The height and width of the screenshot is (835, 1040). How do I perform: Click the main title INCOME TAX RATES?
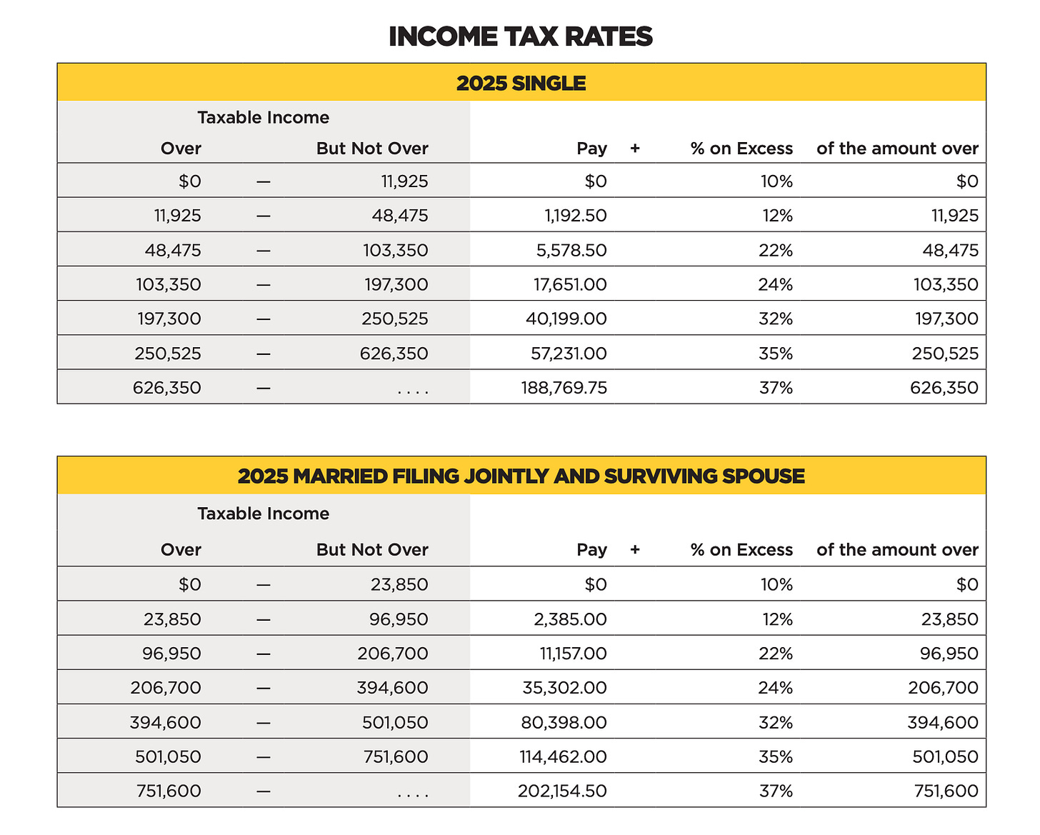[520, 36]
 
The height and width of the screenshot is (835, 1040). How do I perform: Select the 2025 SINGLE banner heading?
[521, 84]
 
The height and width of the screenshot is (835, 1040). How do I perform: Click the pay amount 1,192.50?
[576, 216]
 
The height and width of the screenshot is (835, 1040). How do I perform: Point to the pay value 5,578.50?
[576, 250]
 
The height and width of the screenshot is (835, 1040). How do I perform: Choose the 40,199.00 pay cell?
[566, 319]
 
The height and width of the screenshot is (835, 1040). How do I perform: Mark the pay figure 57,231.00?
[568, 353]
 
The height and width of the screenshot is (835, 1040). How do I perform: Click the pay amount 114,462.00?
[563, 756]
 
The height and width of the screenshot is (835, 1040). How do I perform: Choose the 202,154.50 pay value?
[562, 791]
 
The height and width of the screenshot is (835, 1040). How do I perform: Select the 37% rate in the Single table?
[776, 388]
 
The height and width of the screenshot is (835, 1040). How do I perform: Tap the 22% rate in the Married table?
[776, 654]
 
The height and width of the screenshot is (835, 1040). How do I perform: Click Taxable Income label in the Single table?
[263, 118]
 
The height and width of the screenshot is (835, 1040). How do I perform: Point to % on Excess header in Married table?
[741, 550]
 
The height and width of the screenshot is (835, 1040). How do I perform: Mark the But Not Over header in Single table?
[372, 149]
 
